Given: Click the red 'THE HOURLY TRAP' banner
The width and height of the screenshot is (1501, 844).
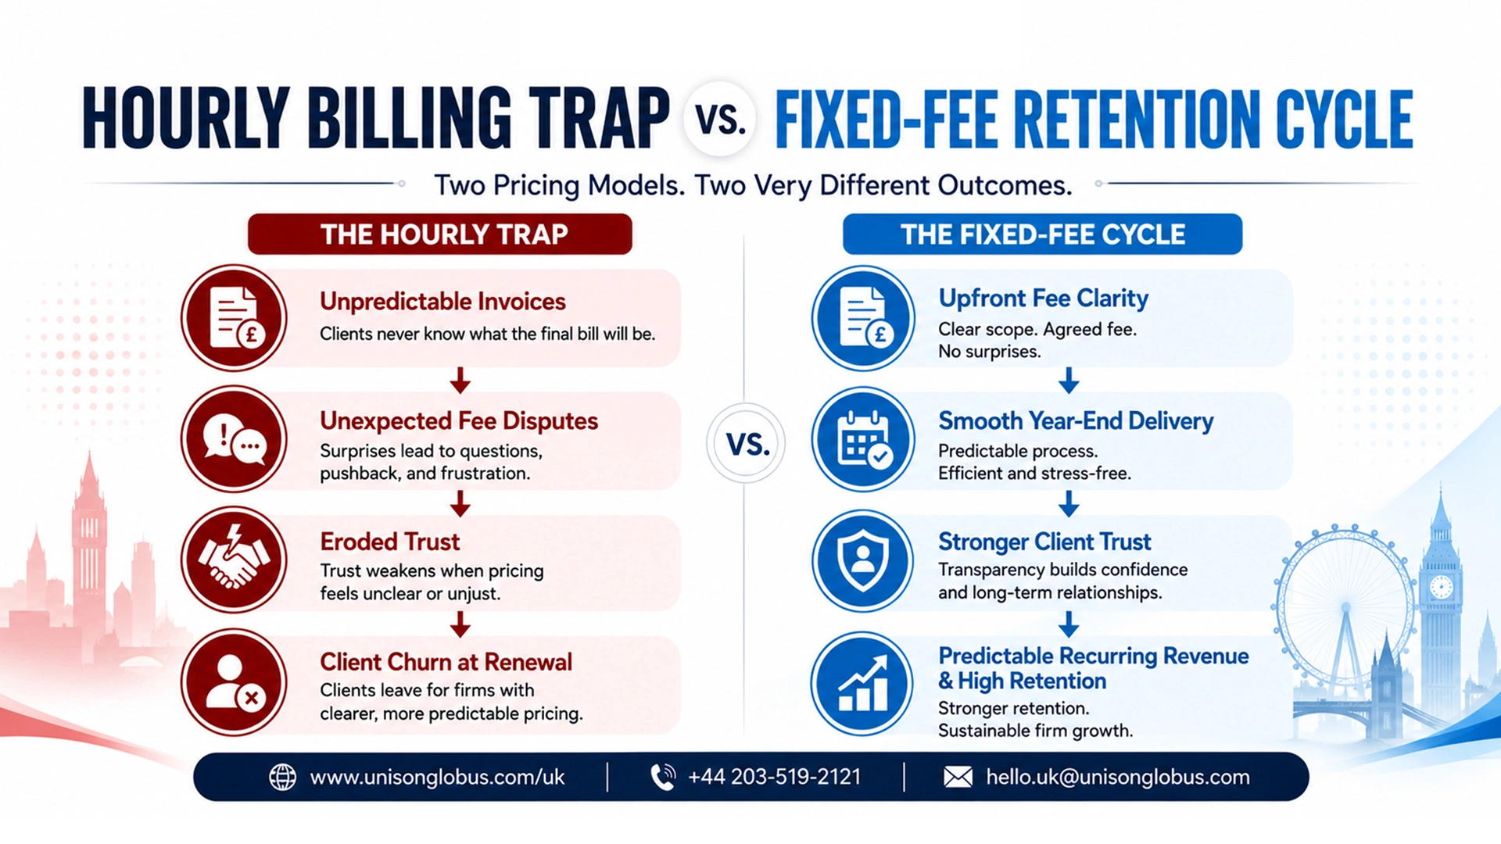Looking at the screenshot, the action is click(x=440, y=234).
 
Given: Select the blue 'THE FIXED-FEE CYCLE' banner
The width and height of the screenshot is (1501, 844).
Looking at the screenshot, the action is click(x=1042, y=234).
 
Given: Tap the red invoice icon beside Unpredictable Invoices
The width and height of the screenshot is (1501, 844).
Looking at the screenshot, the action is click(x=235, y=317).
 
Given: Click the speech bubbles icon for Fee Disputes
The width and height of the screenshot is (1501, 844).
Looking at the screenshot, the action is click(x=235, y=439).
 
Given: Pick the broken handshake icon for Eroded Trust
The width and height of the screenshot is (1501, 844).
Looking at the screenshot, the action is click(x=235, y=560).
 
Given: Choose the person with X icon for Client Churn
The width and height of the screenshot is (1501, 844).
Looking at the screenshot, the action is click(x=235, y=682).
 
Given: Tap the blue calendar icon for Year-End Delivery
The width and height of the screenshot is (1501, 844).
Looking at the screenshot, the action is click(x=863, y=439).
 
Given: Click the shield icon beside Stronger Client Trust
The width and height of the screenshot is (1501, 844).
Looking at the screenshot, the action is click(x=863, y=560).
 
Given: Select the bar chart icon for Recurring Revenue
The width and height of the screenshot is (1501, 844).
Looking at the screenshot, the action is click(x=863, y=684).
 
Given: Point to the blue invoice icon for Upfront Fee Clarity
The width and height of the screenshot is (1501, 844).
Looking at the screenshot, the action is click(x=863, y=317).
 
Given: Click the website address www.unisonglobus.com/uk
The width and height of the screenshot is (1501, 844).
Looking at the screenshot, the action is click(x=437, y=778).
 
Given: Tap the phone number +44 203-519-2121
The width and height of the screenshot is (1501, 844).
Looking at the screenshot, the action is click(x=774, y=777).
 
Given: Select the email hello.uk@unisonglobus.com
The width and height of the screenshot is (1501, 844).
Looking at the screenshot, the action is click(x=1118, y=777).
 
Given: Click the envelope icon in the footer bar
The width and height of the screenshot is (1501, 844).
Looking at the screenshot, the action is click(x=958, y=777).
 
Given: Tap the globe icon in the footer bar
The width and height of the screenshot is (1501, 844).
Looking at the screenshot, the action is click(x=282, y=777).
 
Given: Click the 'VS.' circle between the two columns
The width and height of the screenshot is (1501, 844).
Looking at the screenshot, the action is click(x=746, y=443).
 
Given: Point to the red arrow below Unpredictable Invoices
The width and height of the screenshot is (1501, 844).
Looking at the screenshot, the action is click(x=460, y=380).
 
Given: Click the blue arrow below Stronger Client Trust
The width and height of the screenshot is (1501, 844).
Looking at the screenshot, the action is click(x=1069, y=624).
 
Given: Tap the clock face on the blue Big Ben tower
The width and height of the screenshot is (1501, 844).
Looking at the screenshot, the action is click(x=1441, y=586).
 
